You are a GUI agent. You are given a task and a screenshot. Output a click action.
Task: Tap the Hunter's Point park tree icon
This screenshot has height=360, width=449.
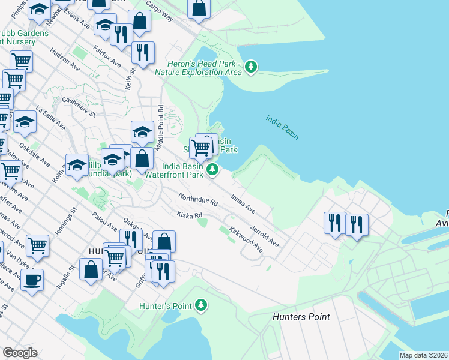coord(202,306)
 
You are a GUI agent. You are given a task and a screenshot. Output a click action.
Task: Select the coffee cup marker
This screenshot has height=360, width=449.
coord(32,278)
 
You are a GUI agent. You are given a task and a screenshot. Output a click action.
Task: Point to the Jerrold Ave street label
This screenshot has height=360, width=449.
coord(265,235)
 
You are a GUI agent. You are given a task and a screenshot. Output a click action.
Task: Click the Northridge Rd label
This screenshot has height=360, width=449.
coord(197,199)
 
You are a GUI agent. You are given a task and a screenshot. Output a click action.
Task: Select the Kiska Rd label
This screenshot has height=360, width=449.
coord(189,214)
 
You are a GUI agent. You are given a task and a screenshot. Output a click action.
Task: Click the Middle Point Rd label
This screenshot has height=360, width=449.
coord(160,128)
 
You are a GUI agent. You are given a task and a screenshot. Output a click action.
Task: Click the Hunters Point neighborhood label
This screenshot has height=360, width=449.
coord(301,316)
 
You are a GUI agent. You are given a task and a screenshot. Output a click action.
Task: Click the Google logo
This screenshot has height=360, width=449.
coord(20,353)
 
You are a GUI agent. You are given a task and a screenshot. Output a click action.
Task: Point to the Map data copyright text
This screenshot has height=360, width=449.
coord(423,355)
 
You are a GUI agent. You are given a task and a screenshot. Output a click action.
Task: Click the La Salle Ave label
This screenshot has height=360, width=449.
coord(50,118)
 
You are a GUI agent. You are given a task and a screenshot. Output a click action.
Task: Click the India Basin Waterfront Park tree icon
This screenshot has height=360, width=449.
coord(212,170)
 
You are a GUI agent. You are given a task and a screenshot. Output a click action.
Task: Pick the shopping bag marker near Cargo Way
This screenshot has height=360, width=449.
coord(199,8)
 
